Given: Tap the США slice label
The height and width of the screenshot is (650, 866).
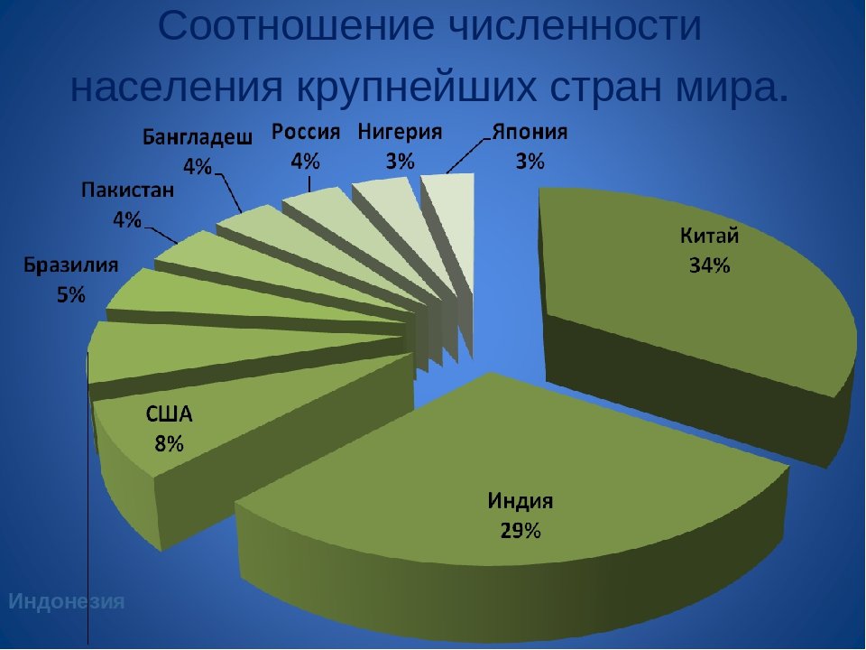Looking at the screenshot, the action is pyautogui.click(x=169, y=414).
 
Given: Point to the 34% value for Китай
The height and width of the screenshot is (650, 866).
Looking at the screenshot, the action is pyautogui.click(x=710, y=265).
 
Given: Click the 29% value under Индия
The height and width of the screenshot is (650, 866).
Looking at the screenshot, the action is pyautogui.click(x=521, y=531).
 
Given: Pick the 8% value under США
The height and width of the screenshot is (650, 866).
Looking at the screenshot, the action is pyautogui.click(x=169, y=443).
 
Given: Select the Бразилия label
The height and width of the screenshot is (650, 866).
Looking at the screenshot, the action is pyautogui.click(x=70, y=265).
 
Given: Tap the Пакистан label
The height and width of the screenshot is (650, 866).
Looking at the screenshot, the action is pyautogui.click(x=127, y=190).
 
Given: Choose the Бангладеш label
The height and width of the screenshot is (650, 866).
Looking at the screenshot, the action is pyautogui.click(x=198, y=136).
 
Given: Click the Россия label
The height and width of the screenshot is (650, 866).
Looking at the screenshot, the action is pyautogui.click(x=306, y=132).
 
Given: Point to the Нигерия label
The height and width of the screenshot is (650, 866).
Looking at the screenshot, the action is pyautogui.click(x=400, y=132).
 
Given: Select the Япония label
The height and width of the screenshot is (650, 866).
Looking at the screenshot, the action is pyautogui.click(x=530, y=132).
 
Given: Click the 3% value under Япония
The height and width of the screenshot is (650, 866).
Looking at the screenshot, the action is pyautogui.click(x=530, y=162).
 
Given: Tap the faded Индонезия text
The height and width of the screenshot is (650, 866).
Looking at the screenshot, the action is pyautogui.click(x=66, y=601).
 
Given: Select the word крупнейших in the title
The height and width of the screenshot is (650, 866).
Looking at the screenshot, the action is pyautogui.click(x=417, y=87).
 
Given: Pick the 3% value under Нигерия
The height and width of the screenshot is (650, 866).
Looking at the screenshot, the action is pyautogui.click(x=400, y=162).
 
